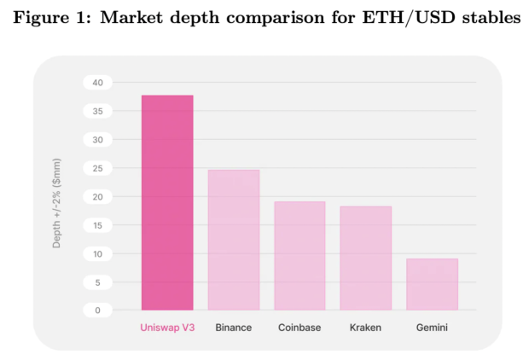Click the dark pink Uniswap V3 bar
pos(167,202)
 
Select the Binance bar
pos(234,240)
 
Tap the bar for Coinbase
pos(299,256)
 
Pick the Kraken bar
pos(366,258)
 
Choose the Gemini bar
pos(433,284)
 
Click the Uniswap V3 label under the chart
pos(167,328)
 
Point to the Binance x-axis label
pos(234,328)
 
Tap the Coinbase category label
pos(299,328)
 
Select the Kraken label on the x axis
pos(366,328)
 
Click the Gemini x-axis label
pos(433,328)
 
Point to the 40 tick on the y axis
pos(98,83)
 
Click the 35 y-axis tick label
pos(98,111)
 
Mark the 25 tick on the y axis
pos(98,168)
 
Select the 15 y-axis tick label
pos(98,225)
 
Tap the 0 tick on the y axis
pos(98,311)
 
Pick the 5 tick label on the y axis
pos(98,282)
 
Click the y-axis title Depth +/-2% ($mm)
pos(56,203)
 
